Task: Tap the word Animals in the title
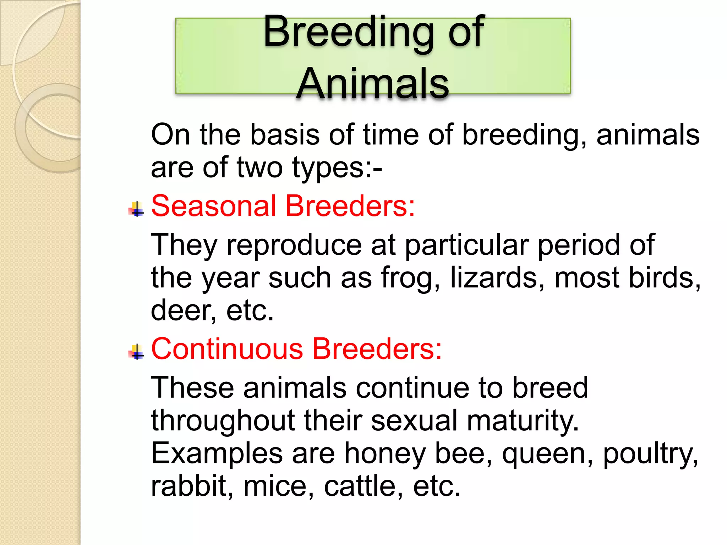click(x=373, y=83)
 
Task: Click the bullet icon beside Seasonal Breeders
click(x=136, y=209)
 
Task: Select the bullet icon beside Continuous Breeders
click(x=136, y=352)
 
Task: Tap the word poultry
click(x=650, y=455)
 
